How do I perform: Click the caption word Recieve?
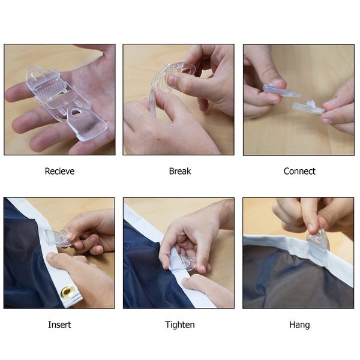pos(59,171)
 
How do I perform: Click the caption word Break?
pos(180,171)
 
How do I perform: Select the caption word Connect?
pos(299,171)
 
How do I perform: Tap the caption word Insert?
pos(59,325)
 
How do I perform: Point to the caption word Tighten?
pos(180,325)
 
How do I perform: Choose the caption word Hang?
pos(299,325)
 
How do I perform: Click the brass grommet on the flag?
pos(67,292)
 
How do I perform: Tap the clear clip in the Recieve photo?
pos(67,103)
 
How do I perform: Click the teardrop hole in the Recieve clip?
pos(75,113)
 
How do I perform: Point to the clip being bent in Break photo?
pos(170,80)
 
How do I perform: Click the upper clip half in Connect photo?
pos(281,91)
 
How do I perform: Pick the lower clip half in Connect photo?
pos(309,107)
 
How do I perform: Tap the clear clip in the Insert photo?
pos(59,239)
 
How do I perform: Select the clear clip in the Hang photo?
pos(318,241)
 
